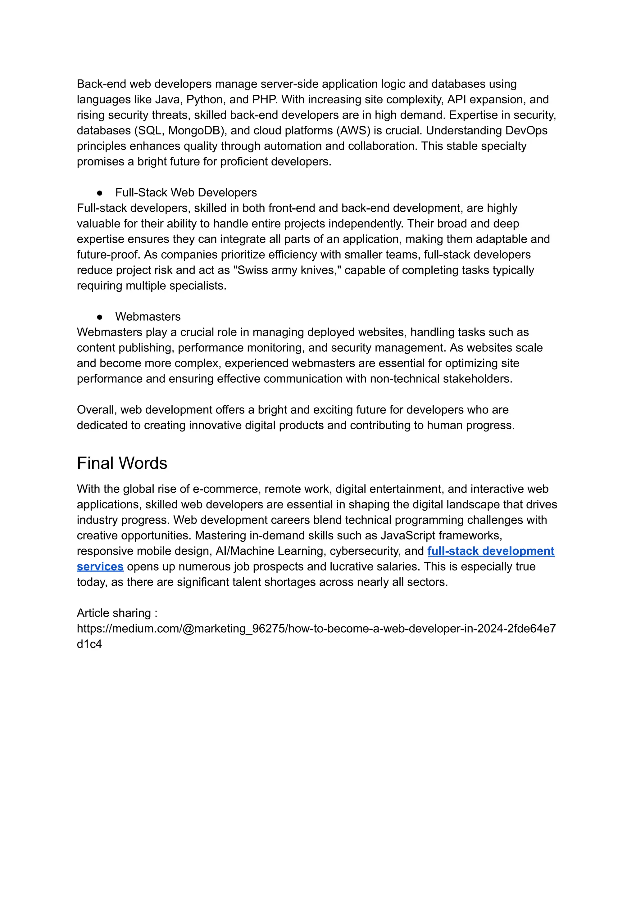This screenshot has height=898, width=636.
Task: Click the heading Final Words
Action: click(122, 463)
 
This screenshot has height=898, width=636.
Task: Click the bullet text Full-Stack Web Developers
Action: click(186, 192)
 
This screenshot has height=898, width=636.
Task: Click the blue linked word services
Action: click(100, 566)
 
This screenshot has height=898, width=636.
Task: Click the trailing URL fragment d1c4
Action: click(89, 644)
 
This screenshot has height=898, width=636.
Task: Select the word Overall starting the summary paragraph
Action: click(96, 410)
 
